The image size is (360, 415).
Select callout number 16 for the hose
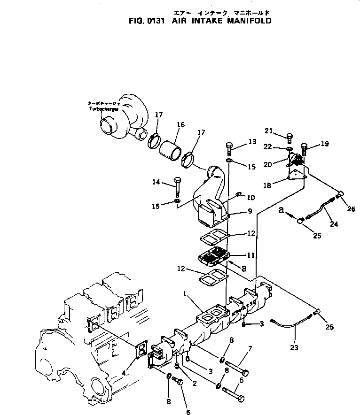point(180,125)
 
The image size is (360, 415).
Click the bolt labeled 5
point(233,393)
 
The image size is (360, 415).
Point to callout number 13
point(252,141)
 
